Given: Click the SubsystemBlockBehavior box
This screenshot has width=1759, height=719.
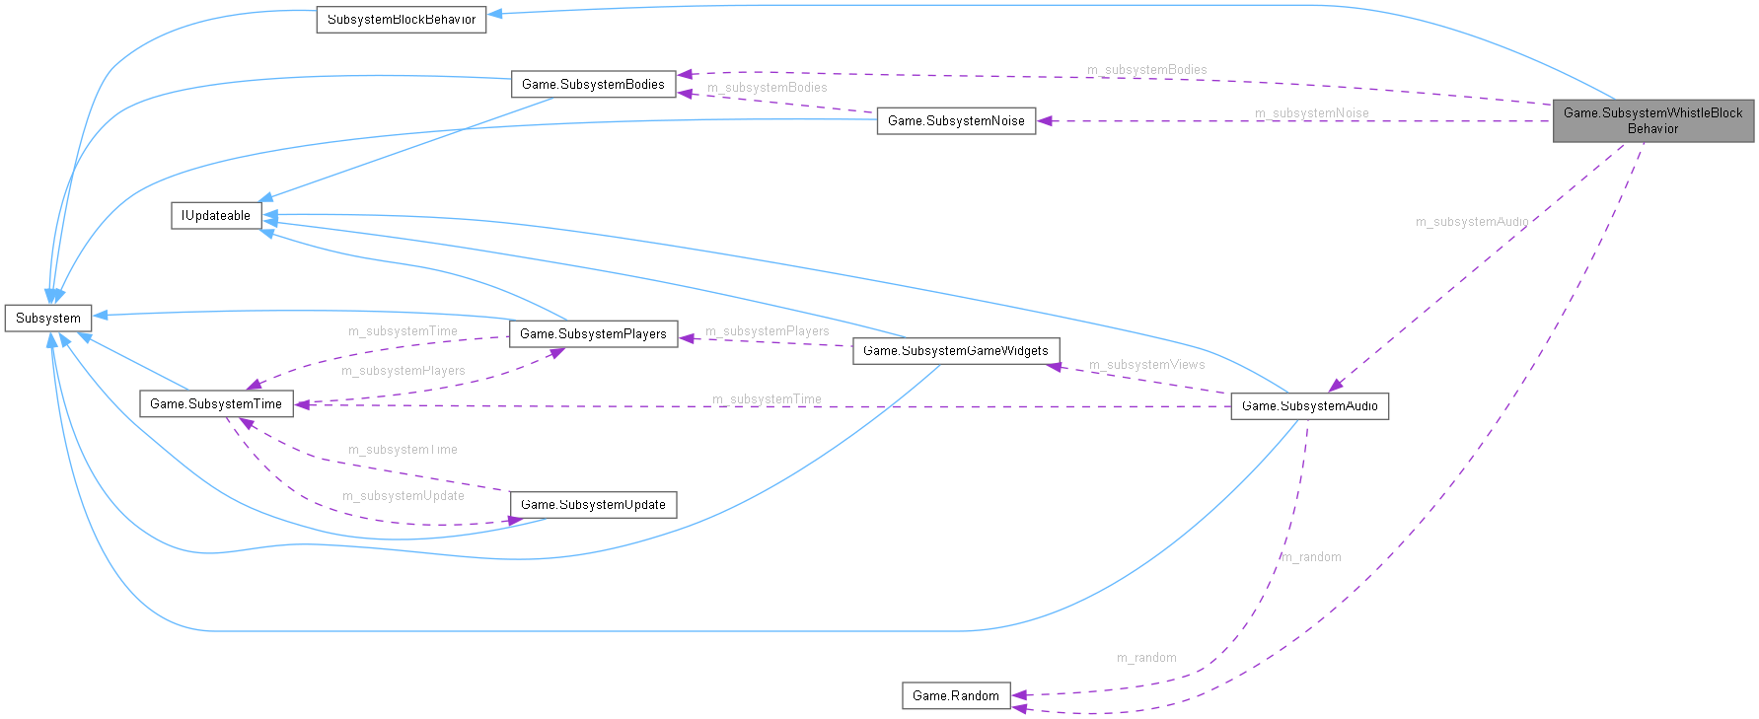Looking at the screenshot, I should coord(401,20).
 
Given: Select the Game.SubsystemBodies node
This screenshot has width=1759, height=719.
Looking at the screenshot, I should coord(593,85).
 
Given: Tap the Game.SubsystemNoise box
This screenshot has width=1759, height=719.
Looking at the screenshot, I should coord(956,121).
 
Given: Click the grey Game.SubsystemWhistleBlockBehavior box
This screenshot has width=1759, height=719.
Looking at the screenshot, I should coord(1652,120).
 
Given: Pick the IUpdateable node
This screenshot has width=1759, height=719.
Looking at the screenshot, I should coord(216,216).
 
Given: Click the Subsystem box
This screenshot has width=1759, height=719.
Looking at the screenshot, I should coord(48,319).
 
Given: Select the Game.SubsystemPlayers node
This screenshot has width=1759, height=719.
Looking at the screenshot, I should coord(593,334).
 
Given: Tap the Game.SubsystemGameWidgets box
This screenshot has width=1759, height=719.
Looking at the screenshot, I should coord(955,351).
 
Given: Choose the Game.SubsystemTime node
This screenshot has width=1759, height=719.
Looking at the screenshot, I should coord(216,404).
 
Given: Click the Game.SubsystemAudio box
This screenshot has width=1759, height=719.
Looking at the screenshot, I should coord(1309,406).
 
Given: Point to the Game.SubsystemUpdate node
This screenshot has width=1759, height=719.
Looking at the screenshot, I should coord(593,505).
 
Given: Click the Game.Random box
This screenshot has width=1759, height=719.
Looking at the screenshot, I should coord(955,696).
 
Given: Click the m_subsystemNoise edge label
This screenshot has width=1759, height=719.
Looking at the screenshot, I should coord(1311,113).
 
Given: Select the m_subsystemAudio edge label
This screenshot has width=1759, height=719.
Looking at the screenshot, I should coord(1471,222).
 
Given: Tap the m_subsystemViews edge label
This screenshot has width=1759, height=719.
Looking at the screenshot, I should coord(1146,365).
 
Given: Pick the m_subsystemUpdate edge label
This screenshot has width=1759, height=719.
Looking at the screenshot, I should coord(403,496).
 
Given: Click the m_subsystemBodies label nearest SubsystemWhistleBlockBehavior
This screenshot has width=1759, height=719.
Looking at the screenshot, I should coord(1146,70).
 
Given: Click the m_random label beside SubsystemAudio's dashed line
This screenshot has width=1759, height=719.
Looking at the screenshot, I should coord(1311,557).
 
